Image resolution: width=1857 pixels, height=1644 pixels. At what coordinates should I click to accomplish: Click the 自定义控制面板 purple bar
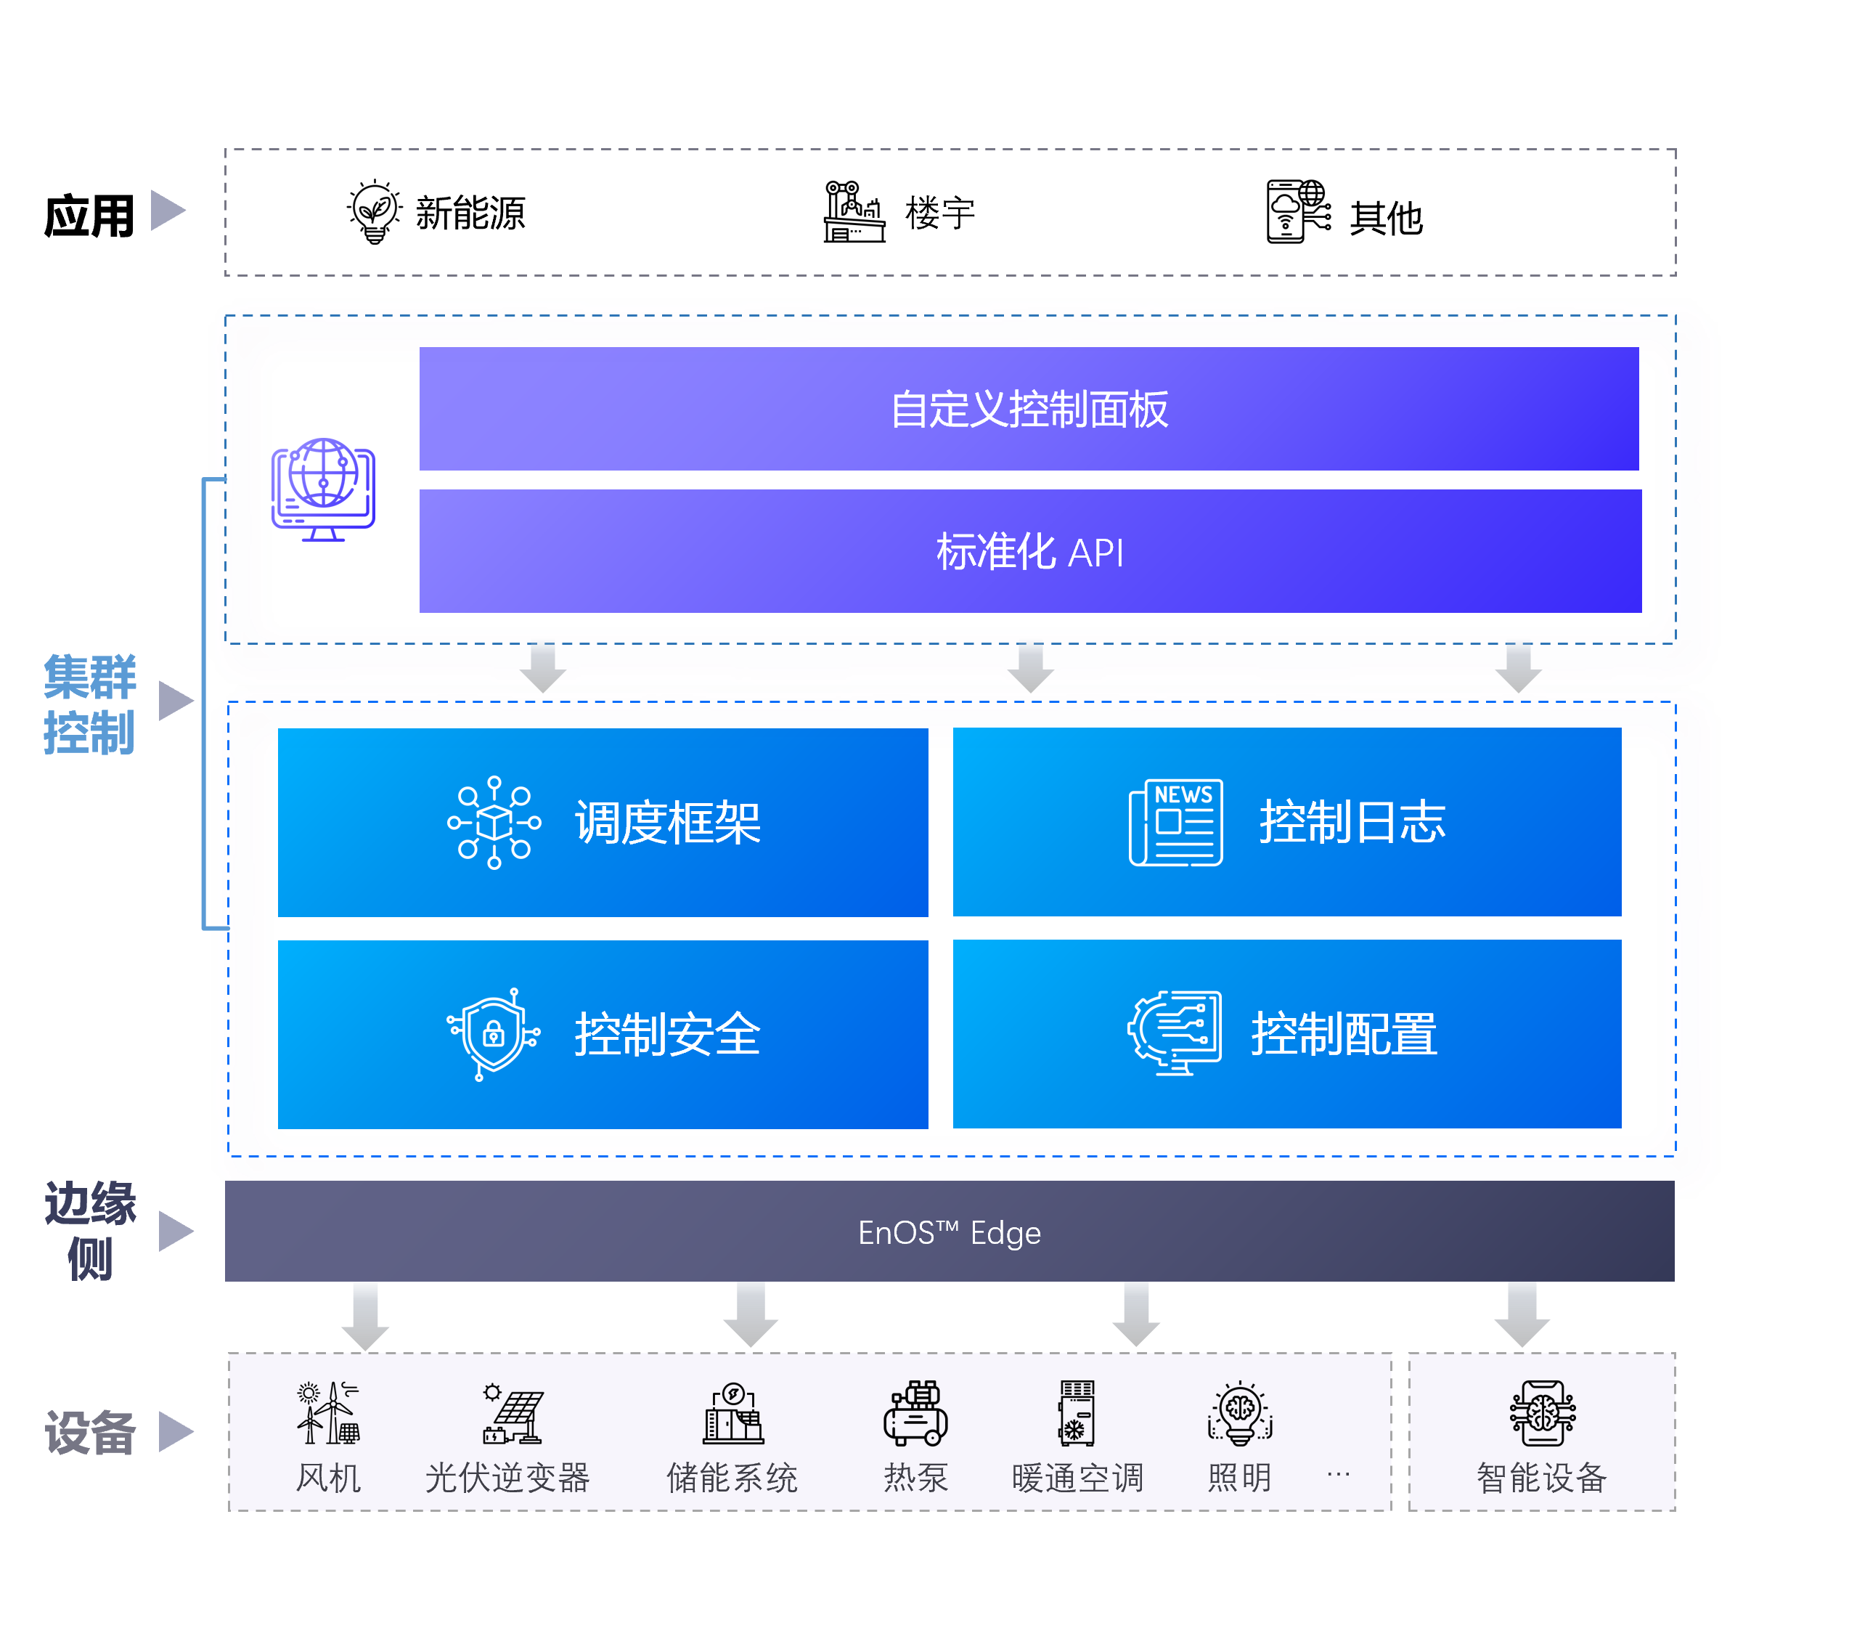(x=1029, y=409)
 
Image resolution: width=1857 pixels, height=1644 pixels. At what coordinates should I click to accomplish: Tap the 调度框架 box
(x=603, y=823)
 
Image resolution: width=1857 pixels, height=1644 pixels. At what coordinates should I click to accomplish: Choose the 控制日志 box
(x=1286, y=823)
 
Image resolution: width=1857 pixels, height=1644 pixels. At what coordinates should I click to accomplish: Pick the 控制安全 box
(x=603, y=1034)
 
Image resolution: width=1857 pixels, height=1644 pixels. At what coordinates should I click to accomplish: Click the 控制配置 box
(x=1286, y=1034)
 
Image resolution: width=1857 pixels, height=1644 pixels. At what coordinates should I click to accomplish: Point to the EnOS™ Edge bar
(x=950, y=1232)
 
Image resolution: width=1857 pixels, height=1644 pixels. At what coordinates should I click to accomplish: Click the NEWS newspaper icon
(x=1175, y=823)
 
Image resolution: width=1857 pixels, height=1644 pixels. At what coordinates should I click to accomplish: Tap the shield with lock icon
(x=494, y=1034)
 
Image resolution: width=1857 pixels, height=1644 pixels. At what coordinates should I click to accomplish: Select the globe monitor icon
(x=324, y=489)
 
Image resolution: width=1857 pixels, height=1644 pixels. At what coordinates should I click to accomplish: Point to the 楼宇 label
(x=939, y=214)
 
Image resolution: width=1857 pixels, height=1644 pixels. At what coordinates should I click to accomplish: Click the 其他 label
(x=1385, y=218)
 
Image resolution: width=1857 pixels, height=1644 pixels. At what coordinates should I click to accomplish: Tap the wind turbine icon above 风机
(x=328, y=1413)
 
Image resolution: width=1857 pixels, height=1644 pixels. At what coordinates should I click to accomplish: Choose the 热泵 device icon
(x=915, y=1413)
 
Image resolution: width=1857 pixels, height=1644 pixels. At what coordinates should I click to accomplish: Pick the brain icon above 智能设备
(x=1542, y=1413)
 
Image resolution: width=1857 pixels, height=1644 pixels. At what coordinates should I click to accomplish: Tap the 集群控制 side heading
(x=89, y=704)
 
